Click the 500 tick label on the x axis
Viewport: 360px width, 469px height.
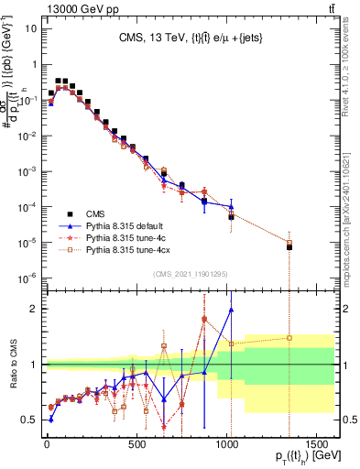136,449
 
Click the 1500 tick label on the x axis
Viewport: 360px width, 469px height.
316,449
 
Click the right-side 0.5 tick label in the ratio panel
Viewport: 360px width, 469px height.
347,420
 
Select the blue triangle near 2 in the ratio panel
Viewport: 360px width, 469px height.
231,310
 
